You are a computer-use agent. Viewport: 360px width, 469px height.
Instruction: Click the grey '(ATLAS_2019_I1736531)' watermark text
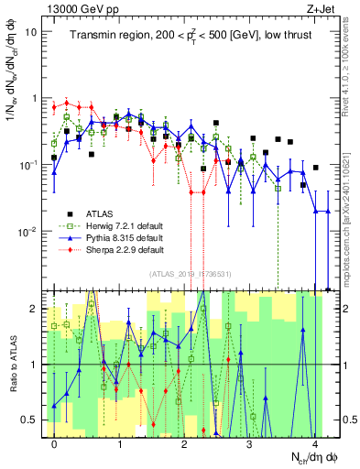[189, 274]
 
